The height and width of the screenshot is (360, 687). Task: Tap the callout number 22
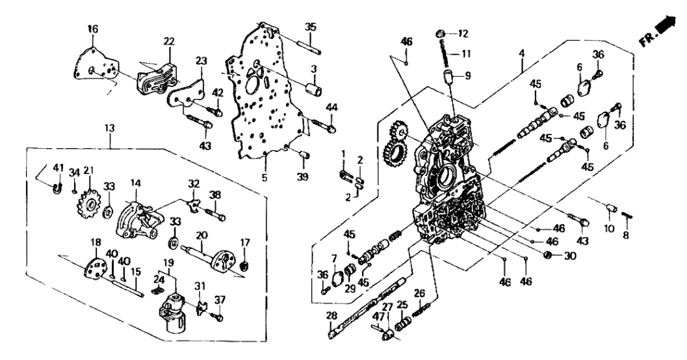tap(170, 42)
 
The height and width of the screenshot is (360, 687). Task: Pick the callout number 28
tap(330, 316)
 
